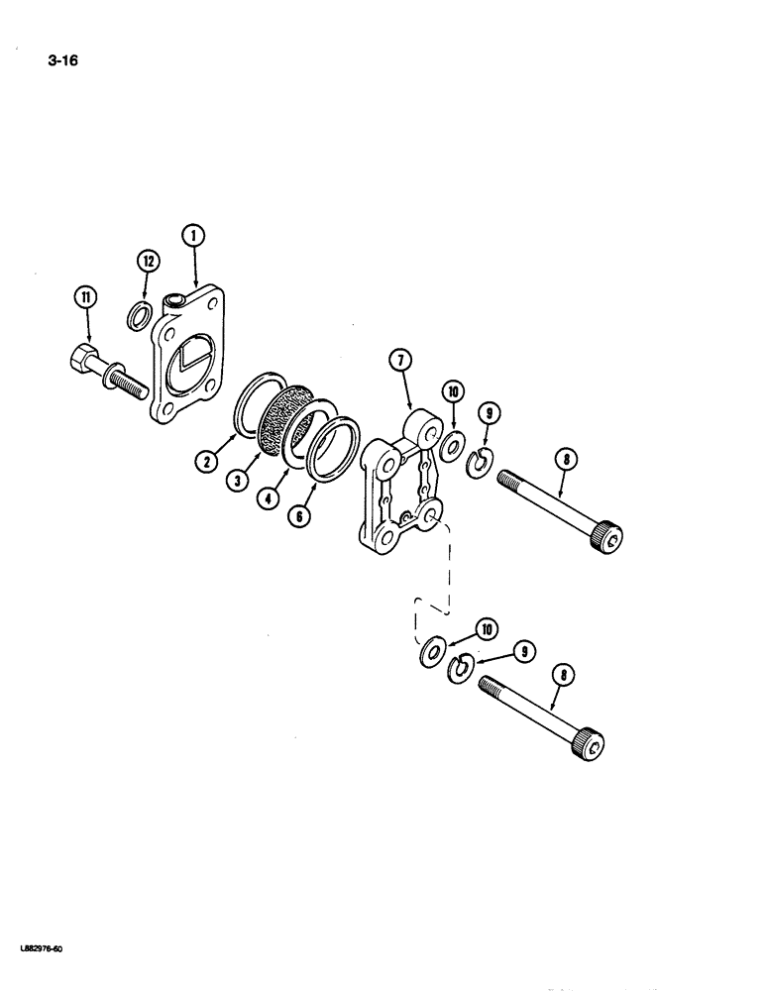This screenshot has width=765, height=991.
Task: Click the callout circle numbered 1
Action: click(192, 235)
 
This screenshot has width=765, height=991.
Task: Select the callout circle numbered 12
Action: click(148, 262)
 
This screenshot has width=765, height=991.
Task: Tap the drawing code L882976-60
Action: click(41, 949)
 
